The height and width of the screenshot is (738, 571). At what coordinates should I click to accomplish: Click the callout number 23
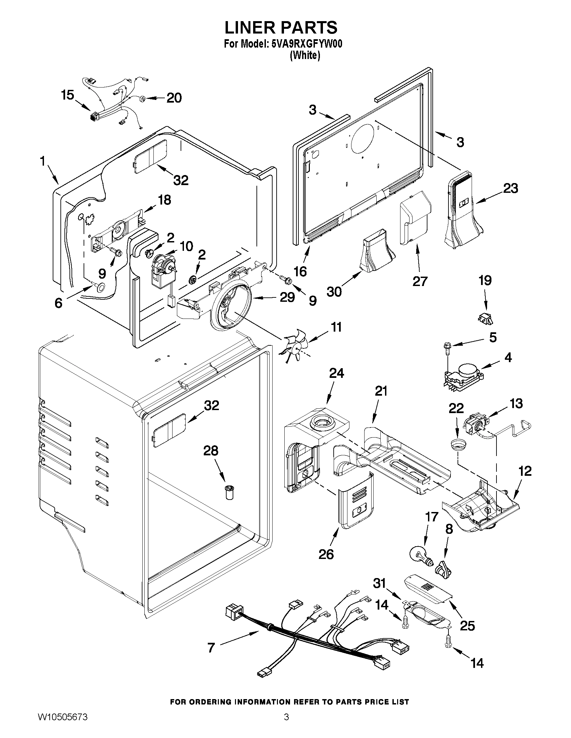[x=510, y=188]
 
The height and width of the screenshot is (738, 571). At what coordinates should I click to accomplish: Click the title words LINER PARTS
[x=281, y=27]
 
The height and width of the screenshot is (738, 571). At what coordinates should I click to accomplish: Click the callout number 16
[x=300, y=271]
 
